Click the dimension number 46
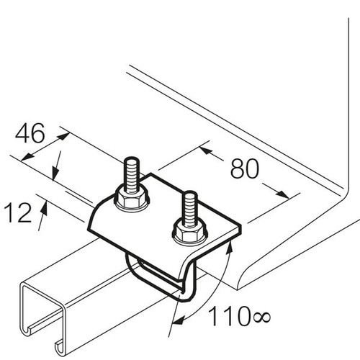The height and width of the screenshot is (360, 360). (30, 133)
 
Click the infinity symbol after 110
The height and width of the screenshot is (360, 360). (261, 318)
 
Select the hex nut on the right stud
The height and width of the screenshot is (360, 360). (190, 233)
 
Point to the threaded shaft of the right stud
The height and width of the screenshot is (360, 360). (189, 208)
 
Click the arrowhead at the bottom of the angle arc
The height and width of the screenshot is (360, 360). (178, 320)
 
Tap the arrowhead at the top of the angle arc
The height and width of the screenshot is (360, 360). (230, 247)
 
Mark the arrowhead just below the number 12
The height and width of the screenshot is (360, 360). (44, 207)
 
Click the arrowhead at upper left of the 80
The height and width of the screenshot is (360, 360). (206, 150)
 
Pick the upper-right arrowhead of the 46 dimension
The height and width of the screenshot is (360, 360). (63, 137)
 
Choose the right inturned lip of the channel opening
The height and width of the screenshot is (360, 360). (60, 346)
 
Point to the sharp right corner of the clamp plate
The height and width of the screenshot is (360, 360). (240, 225)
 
